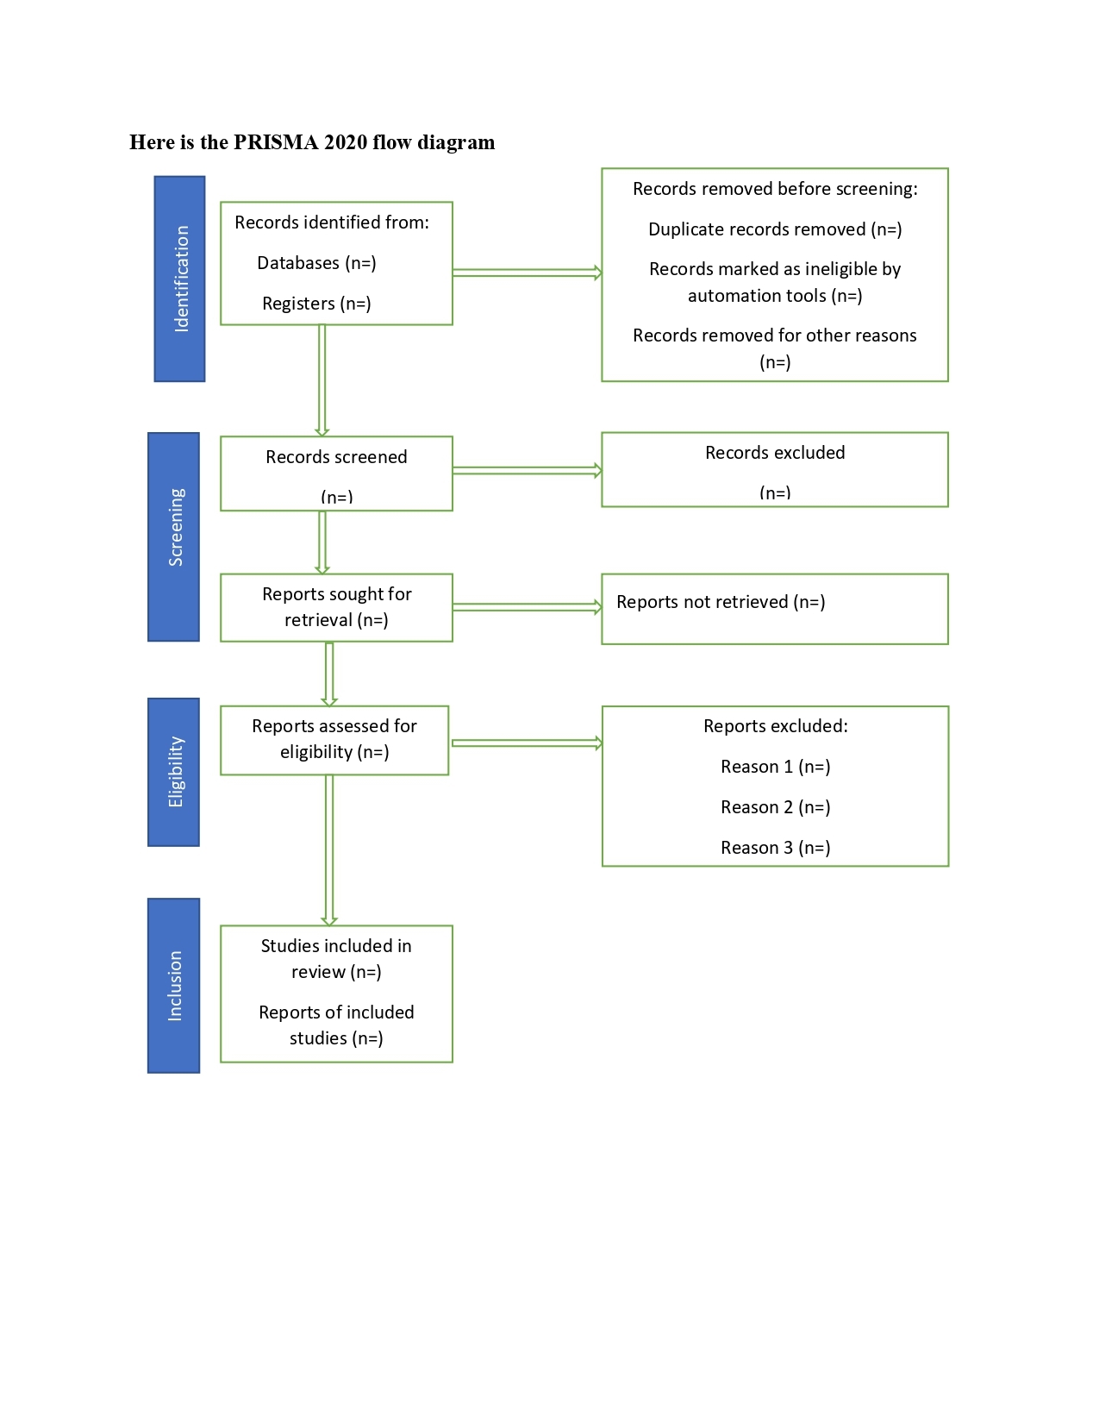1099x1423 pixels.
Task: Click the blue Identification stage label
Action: [179, 279]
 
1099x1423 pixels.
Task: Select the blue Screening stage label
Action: [174, 536]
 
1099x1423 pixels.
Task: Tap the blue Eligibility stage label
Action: [174, 772]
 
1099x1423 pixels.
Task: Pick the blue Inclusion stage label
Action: [174, 986]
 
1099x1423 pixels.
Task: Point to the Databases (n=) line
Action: [316, 263]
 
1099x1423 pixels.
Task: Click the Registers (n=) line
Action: [316, 304]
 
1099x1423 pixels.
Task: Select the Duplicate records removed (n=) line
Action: [775, 229]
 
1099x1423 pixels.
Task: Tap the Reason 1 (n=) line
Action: [775, 767]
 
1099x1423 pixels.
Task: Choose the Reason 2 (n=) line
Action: [775, 807]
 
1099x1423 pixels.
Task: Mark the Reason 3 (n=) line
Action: [775, 848]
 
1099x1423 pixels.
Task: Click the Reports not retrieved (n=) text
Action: [721, 602]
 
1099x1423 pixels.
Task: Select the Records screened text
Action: [336, 457]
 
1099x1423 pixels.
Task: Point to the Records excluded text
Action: [775, 453]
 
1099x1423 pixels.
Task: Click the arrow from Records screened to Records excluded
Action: [527, 471]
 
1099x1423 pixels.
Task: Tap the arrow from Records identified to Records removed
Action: [527, 273]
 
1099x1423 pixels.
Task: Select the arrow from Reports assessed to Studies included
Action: [329, 849]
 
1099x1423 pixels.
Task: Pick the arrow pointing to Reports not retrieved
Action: [527, 607]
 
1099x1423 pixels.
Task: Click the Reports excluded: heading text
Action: [775, 726]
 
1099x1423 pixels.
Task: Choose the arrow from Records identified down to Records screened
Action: [322, 379]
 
